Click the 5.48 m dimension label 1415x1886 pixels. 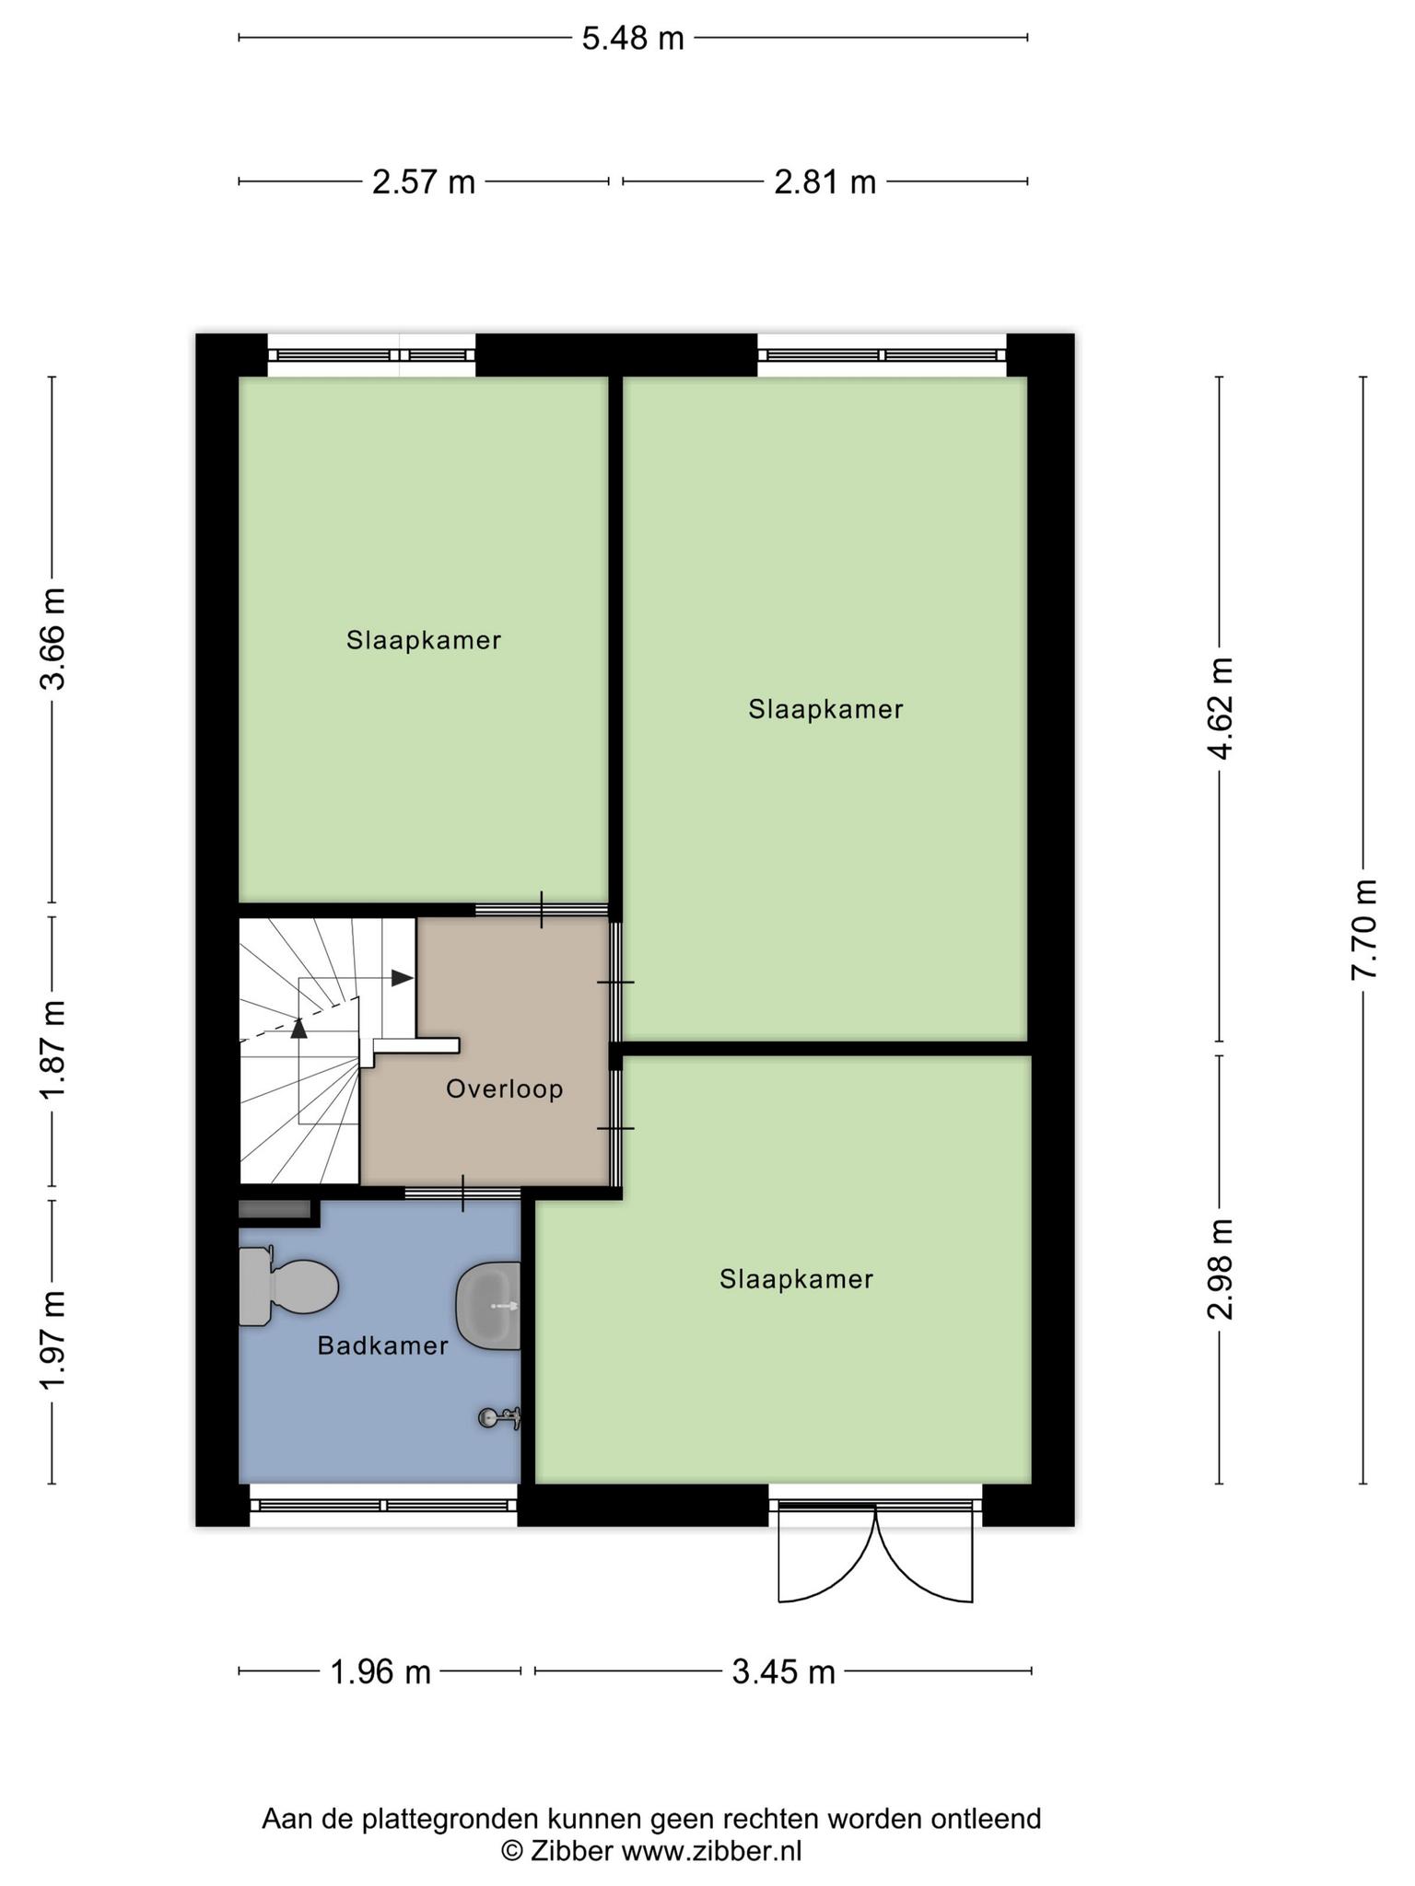tap(633, 39)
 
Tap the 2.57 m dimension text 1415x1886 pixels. tap(424, 182)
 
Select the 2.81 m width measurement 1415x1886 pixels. tap(824, 182)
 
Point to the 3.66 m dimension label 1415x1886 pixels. tap(53, 638)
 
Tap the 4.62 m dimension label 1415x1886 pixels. tap(1221, 708)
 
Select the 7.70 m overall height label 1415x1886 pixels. tap(1364, 929)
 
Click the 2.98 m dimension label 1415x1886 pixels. tap(1221, 1269)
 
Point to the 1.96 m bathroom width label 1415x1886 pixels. tap(380, 1671)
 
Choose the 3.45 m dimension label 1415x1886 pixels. tap(783, 1671)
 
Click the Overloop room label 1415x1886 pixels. tap(505, 1089)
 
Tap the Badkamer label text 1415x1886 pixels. tap(382, 1345)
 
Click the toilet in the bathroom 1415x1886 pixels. tap(287, 1286)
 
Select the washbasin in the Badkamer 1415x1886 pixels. tap(488, 1306)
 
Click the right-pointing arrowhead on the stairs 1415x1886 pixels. tap(403, 978)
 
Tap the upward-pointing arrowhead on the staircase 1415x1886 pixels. tap(298, 1028)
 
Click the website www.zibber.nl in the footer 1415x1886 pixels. tap(711, 1851)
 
